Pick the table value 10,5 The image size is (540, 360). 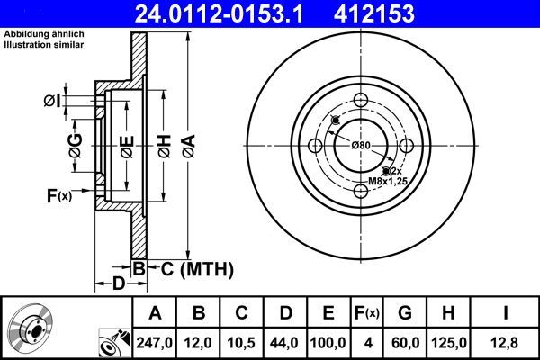(240, 342)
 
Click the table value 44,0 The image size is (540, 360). (284, 342)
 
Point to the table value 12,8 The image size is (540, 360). (506, 342)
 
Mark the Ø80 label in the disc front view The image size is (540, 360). (361, 145)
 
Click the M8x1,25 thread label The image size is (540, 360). (388, 182)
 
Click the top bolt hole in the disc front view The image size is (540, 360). (362, 100)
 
